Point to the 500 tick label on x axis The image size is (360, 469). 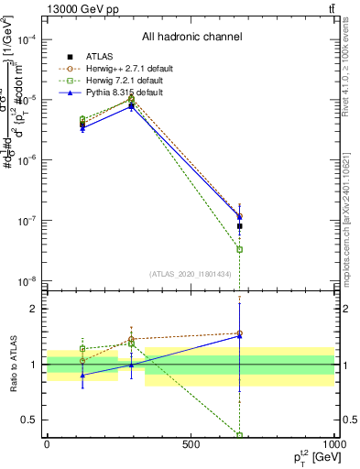click(191, 444)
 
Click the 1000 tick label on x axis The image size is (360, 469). click(332, 444)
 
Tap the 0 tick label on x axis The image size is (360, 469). click(47, 444)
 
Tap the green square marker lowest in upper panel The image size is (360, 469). click(240, 249)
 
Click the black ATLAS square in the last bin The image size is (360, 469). click(240, 225)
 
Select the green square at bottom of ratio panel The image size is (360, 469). click(240, 435)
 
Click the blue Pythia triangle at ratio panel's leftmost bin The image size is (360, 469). click(82, 374)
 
